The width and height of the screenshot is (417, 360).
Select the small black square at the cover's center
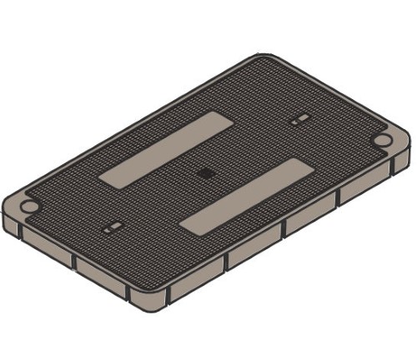pyautogui.click(x=205, y=173)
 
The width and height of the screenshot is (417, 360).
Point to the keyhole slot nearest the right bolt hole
pyautogui.click(x=297, y=122)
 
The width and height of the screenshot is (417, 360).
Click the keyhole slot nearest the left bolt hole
pyautogui.click(x=112, y=226)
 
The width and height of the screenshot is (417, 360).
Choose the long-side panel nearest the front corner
pyautogui.click(x=197, y=278)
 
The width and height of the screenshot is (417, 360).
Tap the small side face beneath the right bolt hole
pyautogui.click(x=402, y=158)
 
